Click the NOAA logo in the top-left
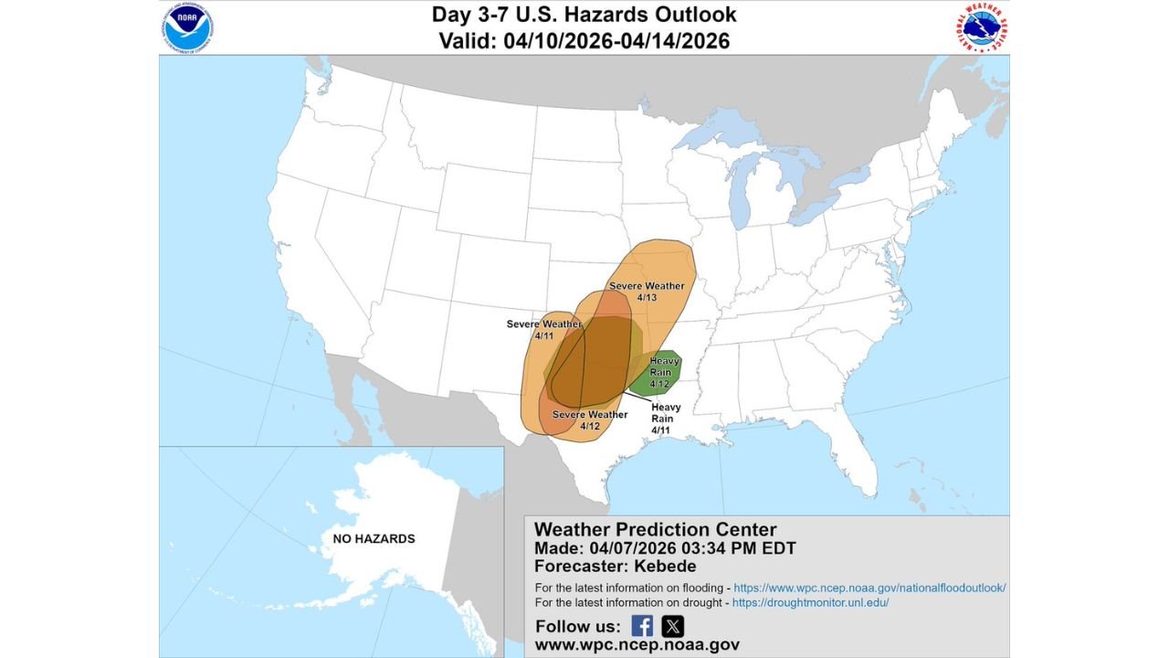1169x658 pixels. click(189, 27)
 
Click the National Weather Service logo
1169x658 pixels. click(982, 27)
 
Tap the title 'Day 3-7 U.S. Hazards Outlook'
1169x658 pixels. click(584, 15)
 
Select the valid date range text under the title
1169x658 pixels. click(584, 41)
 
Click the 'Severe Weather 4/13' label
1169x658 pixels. click(647, 292)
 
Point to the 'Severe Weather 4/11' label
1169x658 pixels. click(544, 330)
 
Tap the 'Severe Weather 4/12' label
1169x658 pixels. click(590, 420)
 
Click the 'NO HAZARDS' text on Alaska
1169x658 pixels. click(374, 539)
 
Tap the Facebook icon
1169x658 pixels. click(642, 626)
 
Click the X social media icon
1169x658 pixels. click(672, 626)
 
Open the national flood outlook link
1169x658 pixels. click(869, 588)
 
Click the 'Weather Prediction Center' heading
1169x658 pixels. click(655, 529)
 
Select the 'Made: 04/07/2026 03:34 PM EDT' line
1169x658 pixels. click(665, 548)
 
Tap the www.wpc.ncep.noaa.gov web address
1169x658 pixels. click(637, 644)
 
